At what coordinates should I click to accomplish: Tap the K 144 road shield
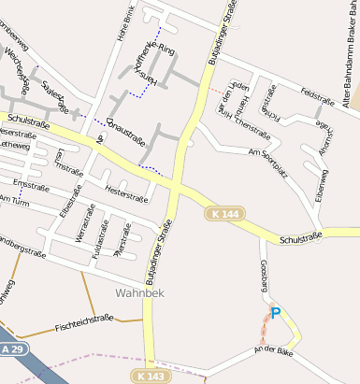(x=221, y=214)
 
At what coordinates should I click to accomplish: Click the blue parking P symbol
(x=275, y=313)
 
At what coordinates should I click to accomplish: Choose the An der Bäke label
(x=273, y=350)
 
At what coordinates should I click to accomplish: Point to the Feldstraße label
(x=317, y=96)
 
